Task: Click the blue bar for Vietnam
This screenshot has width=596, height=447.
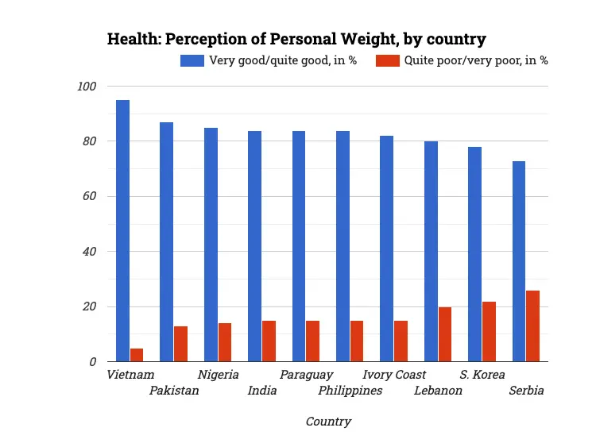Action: [x=122, y=230]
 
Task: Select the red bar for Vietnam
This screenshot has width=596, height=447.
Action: [x=137, y=355]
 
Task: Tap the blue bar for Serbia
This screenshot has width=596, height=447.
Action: [x=518, y=261]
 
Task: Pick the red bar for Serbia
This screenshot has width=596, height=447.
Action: [x=532, y=326]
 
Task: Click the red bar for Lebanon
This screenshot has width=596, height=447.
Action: [x=444, y=334]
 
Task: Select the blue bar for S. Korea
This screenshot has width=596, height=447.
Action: [x=474, y=254]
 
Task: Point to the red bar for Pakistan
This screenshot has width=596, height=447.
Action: [x=181, y=344]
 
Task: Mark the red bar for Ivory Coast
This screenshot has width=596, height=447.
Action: [x=401, y=341]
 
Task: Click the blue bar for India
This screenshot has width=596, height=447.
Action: [x=254, y=246]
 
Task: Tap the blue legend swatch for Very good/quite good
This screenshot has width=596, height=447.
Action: [x=192, y=60]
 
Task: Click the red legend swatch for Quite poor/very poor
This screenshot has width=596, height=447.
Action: [x=387, y=60]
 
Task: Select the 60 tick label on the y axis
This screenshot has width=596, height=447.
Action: [x=89, y=196]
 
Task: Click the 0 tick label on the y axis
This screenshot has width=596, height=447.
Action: [x=92, y=362]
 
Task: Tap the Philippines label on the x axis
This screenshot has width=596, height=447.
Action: [x=350, y=391]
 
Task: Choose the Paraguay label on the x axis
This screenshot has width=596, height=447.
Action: [x=306, y=375]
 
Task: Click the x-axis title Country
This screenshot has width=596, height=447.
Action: [x=328, y=422]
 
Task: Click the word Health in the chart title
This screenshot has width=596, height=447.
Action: [x=130, y=39]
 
